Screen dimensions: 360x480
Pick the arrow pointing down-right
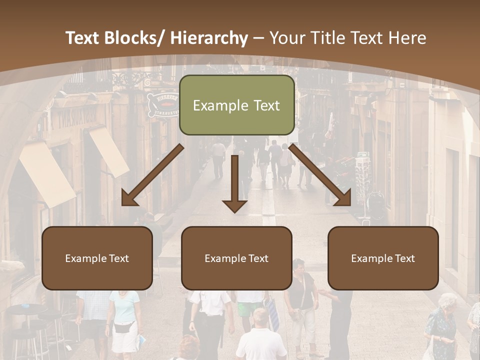click(320, 175)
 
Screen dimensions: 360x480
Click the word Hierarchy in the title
click(209, 38)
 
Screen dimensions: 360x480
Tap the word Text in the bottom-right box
click(404, 258)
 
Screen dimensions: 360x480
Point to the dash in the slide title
click(258, 38)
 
